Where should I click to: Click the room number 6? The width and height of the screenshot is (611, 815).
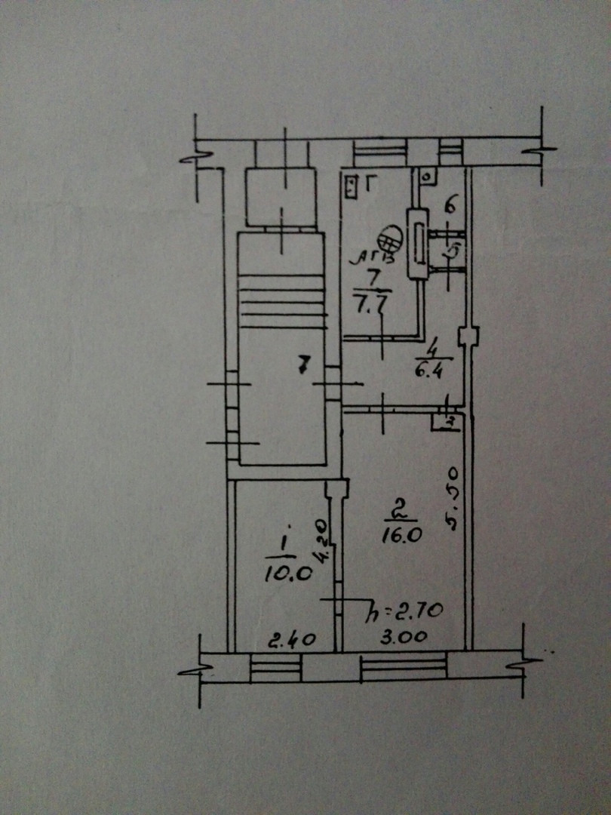(450, 203)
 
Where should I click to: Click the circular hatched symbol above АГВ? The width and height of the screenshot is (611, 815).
(388, 239)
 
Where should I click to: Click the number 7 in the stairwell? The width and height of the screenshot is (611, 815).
(302, 367)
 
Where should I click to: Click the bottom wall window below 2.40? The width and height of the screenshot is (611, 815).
(275, 668)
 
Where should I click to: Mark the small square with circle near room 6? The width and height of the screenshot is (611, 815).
(426, 175)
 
